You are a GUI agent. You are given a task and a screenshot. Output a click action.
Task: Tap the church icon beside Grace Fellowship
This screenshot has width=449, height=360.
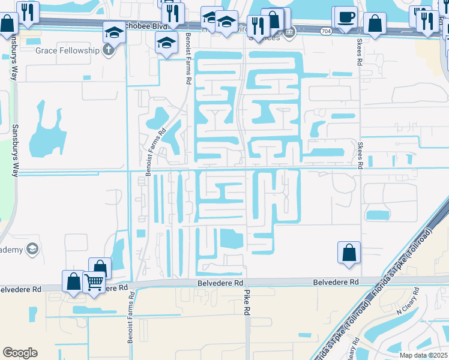tap(108, 50)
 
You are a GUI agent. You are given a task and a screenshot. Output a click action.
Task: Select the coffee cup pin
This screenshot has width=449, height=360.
tap(345, 19)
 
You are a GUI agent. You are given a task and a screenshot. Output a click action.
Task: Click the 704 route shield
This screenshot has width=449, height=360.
tap(325, 31)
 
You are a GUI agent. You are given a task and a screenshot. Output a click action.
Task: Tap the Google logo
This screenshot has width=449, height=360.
tap(20, 353)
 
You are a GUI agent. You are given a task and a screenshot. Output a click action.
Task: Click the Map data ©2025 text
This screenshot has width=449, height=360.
tap(424, 355)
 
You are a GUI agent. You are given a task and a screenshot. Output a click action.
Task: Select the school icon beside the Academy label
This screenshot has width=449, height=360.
tap(32, 249)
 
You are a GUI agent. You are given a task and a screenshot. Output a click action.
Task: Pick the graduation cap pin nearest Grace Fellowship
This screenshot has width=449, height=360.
tap(113, 32)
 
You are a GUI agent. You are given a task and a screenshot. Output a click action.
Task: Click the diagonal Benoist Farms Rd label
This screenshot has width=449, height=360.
tap(155, 151)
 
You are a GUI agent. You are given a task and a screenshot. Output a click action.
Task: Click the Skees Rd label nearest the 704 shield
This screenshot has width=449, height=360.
tap(360, 54)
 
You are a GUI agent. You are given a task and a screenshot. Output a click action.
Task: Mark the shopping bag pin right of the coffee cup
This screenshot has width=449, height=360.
tap(375, 25)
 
